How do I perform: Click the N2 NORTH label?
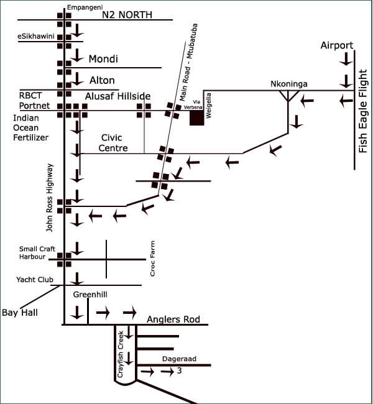pos(127,15)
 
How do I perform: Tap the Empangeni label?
pos(85,7)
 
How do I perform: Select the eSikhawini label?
pos(36,36)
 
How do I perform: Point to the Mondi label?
pos(103,59)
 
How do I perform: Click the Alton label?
pos(102,80)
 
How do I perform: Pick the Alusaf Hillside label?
pos(117,96)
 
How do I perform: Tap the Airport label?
pos(337,45)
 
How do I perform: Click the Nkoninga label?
pos(289,84)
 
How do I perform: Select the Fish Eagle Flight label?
pos(362,111)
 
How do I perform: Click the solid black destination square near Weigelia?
pos(197,118)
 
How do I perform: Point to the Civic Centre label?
pos(113,143)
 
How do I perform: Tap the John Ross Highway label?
pos(49,198)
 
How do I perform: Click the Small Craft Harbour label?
pos(37,253)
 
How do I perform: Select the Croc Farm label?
pos(152,259)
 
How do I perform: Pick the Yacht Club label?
pos(35,280)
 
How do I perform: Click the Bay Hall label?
pos(20,313)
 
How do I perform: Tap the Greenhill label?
pos(90,295)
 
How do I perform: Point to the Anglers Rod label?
pos(173,319)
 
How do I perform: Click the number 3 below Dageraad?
pos(180,370)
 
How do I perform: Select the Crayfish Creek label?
pos(121,354)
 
